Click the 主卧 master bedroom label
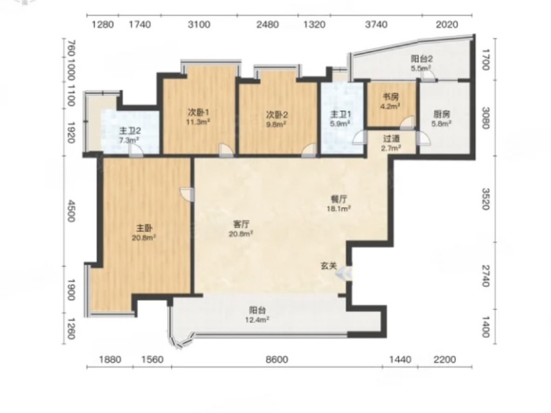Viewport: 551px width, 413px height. (x=144, y=229)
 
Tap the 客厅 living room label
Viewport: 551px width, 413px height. (x=241, y=224)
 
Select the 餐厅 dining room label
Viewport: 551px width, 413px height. (x=339, y=199)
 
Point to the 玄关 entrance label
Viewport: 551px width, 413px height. (x=329, y=266)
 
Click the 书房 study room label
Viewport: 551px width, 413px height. (x=391, y=96)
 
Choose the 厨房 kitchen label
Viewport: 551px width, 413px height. (x=441, y=114)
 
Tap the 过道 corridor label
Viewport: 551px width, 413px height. (x=391, y=139)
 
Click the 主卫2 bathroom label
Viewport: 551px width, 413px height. (x=130, y=131)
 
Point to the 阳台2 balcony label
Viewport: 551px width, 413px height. (x=422, y=59)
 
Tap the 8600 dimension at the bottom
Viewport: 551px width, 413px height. (x=277, y=359)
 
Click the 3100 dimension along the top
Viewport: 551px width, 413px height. (x=199, y=25)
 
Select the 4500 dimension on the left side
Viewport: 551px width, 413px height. (x=71, y=211)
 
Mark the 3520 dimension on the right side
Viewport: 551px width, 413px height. (x=486, y=199)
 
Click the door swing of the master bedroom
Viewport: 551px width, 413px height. (x=187, y=195)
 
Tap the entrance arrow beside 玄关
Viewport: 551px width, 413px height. (x=342, y=273)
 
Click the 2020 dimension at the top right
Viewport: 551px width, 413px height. (x=447, y=25)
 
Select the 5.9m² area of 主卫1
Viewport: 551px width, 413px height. (x=339, y=124)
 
